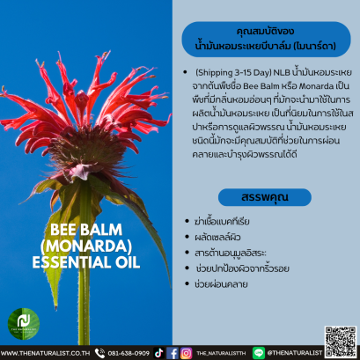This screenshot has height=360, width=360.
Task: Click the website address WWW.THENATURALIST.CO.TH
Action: (x=45, y=353)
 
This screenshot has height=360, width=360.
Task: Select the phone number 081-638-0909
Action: (x=129, y=353)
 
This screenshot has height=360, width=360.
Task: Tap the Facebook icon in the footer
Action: (x=173, y=353)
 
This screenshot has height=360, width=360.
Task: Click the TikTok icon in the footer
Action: (x=158, y=353)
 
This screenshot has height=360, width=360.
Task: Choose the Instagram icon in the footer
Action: (x=187, y=353)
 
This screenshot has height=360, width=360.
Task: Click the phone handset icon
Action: (x=99, y=353)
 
